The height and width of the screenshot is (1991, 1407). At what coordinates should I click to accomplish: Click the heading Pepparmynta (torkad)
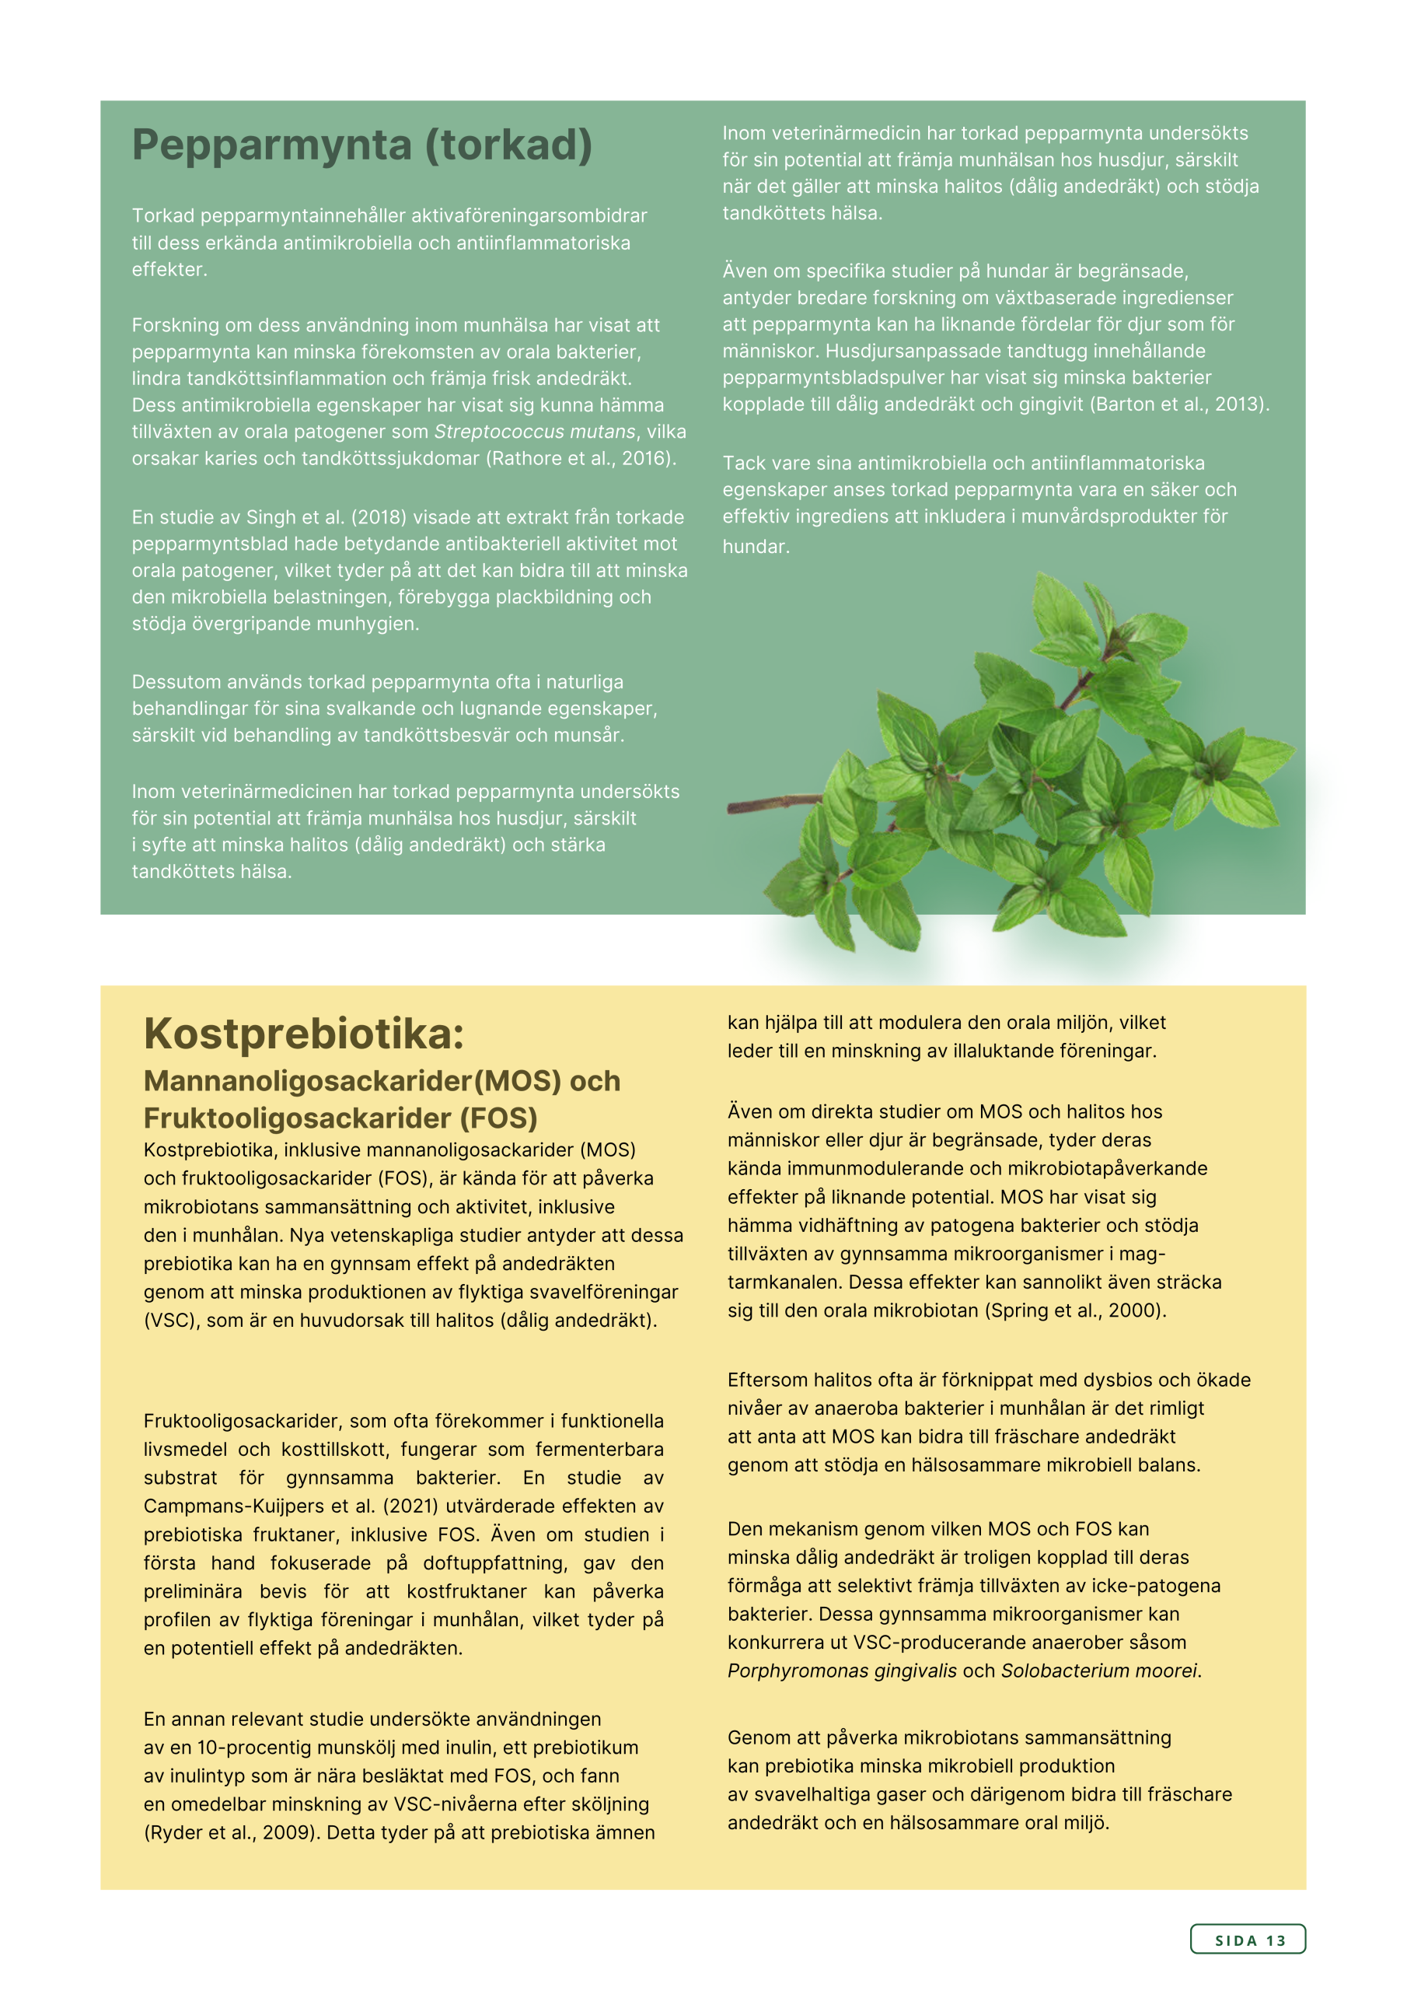click(x=361, y=145)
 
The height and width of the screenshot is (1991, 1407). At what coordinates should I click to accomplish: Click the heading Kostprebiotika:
click(x=303, y=1034)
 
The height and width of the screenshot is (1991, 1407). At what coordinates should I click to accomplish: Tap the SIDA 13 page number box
click(x=1248, y=1940)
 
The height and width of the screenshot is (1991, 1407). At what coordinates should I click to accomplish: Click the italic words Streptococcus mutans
click(x=534, y=432)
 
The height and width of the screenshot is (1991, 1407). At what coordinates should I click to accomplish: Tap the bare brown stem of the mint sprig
click(x=767, y=804)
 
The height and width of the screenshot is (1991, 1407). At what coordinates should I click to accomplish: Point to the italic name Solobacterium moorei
click(x=1098, y=1671)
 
